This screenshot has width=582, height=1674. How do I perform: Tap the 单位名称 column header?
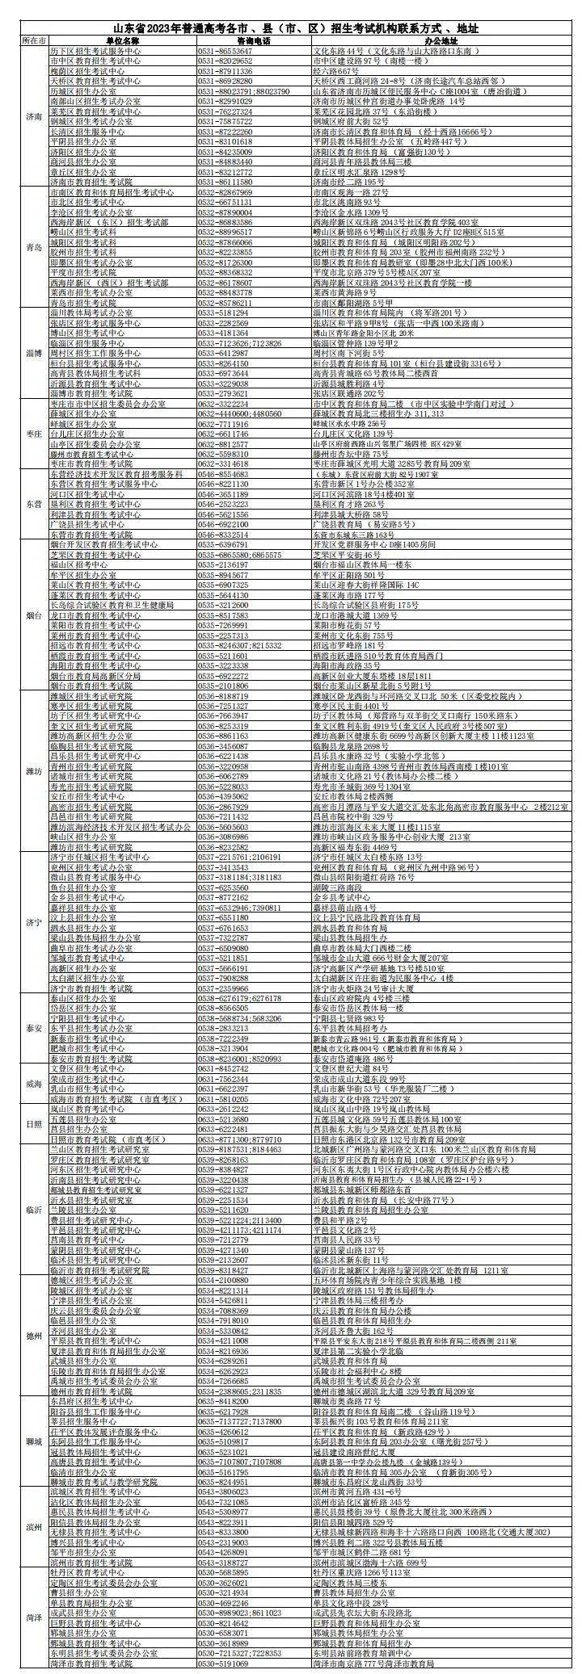121,40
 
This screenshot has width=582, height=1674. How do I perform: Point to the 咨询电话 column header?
253,40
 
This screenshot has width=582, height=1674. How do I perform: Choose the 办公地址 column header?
441,40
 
